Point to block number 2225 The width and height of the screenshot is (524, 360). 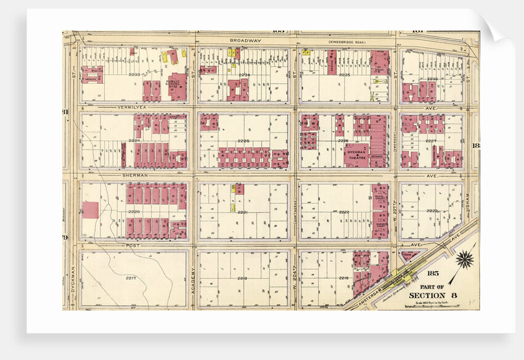click(x=243, y=141)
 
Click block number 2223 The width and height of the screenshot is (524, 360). click(x=432, y=211)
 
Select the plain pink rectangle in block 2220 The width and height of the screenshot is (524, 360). click(x=90, y=210)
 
